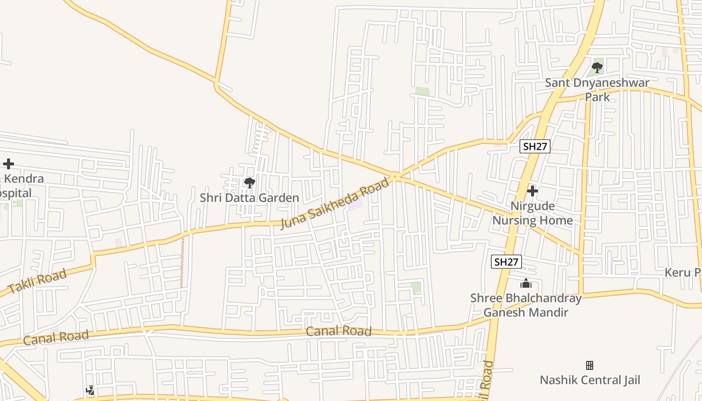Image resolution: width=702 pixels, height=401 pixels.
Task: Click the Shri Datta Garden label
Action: coord(249,198)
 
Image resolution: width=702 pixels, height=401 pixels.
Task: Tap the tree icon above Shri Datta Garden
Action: coord(249,183)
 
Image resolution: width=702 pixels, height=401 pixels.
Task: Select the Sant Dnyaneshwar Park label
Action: coord(597,89)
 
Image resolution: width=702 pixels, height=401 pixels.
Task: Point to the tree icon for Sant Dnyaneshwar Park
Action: coord(597,67)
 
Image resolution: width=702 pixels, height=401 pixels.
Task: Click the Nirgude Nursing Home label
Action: coord(533,213)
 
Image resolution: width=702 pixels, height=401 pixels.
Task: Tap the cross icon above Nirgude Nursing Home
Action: coord(533,191)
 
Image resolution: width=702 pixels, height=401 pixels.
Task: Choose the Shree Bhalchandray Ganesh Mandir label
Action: coord(525,305)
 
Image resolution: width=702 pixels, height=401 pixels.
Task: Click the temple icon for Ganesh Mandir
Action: coord(525,284)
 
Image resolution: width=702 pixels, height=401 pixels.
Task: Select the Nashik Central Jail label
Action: coord(590,380)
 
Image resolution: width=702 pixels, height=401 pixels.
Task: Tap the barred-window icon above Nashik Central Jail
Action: coord(590,365)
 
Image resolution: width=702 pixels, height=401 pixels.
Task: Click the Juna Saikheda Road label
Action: coord(334,204)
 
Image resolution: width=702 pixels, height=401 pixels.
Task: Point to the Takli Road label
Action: coord(37,282)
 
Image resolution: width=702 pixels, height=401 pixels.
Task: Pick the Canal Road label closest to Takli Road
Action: coord(56,337)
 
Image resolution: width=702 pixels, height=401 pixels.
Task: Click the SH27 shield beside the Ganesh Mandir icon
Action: coord(506,262)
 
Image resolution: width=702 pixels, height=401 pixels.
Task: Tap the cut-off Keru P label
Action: coord(682,273)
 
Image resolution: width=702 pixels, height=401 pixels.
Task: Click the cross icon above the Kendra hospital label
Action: coord(8,164)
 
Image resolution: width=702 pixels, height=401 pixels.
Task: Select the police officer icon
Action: coord(90,390)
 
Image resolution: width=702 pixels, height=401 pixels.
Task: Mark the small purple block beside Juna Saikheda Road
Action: coord(356,205)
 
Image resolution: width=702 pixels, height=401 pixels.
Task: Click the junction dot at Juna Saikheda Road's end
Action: coord(395,176)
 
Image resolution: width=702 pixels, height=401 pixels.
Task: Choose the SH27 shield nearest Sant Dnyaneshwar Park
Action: coord(535,146)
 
